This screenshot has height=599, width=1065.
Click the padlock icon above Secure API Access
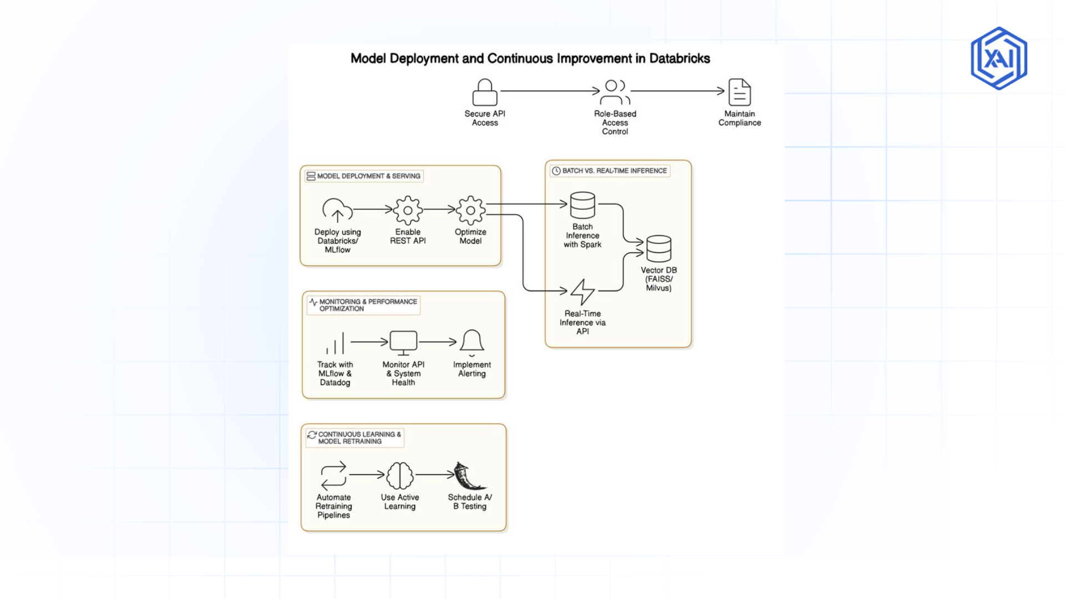coord(485,93)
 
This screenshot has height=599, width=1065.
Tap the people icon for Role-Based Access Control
coord(615,93)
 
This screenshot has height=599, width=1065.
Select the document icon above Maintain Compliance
coord(739,92)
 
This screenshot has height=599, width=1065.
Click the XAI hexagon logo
coord(999,58)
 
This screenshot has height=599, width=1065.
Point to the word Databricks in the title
coord(679,59)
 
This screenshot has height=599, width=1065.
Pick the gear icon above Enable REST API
coord(408,210)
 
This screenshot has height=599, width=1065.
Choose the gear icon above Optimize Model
coord(470,210)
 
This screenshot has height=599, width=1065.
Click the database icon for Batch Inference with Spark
coord(582,205)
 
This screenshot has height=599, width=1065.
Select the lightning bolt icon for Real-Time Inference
coord(582,292)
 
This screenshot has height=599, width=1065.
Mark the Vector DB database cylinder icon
coord(658,248)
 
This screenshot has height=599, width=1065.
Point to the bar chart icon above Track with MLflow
coord(336,343)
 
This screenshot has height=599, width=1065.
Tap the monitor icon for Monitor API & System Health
coord(403,343)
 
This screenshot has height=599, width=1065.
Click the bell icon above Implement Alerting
coord(472,342)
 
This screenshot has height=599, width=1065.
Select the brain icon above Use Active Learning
coord(400,475)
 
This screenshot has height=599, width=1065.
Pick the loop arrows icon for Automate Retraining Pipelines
coord(333,475)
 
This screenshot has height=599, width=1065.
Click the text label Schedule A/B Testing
coord(470,502)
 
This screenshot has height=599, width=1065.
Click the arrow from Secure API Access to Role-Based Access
coord(549,91)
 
